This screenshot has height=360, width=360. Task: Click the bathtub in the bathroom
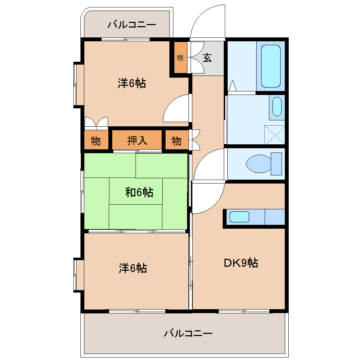(x=271, y=66)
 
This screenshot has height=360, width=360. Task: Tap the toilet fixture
(x=264, y=164)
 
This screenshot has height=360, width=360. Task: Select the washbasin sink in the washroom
(x=277, y=107)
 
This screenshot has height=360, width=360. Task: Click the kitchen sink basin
(x=239, y=217)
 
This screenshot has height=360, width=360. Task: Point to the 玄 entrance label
(x=207, y=58)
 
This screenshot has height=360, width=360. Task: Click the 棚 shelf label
(x=180, y=58)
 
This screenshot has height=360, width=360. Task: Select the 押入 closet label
(x=137, y=140)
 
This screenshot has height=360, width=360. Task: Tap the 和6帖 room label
(x=139, y=192)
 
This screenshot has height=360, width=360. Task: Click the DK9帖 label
(x=241, y=263)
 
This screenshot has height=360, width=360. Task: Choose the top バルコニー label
(x=132, y=25)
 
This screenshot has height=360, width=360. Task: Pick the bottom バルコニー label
(x=188, y=333)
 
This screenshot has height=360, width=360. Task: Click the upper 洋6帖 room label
(x=132, y=83)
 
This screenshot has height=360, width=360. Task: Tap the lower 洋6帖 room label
(x=133, y=268)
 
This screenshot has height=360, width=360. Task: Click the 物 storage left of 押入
(x=96, y=141)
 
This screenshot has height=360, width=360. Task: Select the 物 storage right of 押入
(x=176, y=141)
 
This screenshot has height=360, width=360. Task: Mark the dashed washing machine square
(x=275, y=134)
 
